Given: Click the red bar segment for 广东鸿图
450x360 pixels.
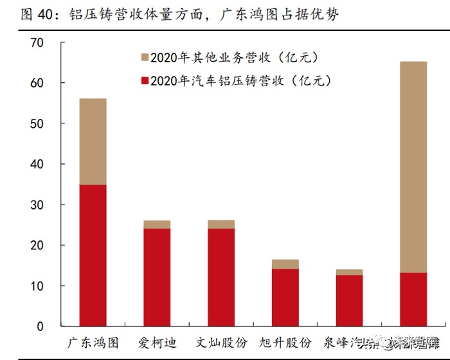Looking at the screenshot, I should [93, 255].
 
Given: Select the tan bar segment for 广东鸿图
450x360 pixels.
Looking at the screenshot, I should [93, 141].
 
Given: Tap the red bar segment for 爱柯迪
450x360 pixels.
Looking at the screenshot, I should [157, 277].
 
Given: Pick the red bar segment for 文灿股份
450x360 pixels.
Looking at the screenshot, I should [221, 277].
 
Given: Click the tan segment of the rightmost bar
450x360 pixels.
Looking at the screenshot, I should [413, 167].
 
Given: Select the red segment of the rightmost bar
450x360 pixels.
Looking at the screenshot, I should [413, 300].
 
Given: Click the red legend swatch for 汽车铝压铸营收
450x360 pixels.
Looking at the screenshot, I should [145, 81].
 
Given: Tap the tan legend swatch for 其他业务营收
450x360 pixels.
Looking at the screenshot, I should [145, 59].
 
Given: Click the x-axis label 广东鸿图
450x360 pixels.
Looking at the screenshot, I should [93, 342].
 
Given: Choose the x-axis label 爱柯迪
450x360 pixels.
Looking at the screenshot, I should [157, 342].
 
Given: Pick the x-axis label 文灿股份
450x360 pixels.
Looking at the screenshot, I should [221, 342].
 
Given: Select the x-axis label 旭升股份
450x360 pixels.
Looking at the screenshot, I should [285, 342].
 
